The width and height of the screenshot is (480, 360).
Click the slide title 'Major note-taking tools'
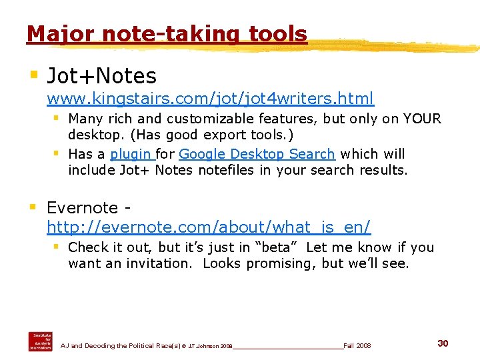167,33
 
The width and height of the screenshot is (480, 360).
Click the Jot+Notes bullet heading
101,76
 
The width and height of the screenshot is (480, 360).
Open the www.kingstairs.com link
210,99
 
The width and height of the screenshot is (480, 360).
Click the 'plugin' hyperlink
131,154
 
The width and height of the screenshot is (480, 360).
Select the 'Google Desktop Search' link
257,154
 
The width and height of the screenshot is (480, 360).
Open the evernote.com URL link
209,227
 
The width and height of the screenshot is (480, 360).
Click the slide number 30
443,343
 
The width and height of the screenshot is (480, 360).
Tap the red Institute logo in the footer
40,341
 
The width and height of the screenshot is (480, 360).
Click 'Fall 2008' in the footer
357,346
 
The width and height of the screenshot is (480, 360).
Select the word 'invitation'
161,263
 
